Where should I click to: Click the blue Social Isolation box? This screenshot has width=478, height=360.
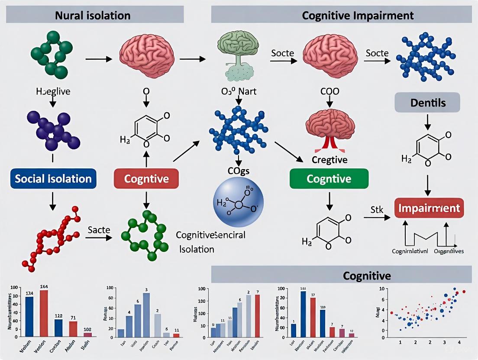(x=53, y=179)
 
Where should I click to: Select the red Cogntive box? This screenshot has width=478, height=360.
(x=147, y=179)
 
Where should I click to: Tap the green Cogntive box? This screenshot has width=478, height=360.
(x=329, y=178)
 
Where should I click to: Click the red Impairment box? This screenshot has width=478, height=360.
(x=429, y=208)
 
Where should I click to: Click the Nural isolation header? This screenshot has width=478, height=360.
(x=93, y=16)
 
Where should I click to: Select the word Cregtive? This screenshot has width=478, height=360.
(x=329, y=160)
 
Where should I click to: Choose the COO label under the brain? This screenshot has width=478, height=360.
(x=329, y=91)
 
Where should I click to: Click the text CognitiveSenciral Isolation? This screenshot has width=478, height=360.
(x=210, y=242)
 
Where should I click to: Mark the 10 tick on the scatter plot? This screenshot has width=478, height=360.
(x=382, y=289)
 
